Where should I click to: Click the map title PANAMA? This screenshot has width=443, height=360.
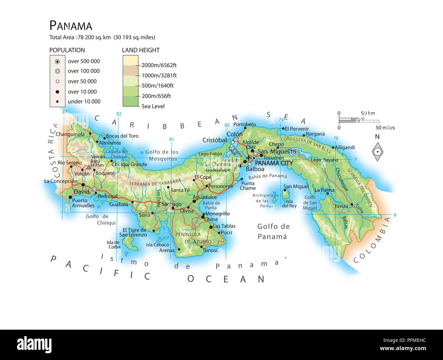[71, 26]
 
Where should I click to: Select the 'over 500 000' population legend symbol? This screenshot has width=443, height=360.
[58, 61]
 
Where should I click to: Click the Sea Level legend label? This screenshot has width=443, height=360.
[153, 106]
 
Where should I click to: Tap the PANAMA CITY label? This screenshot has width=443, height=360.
[274, 163]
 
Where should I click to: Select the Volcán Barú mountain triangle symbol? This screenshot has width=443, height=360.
[89, 167]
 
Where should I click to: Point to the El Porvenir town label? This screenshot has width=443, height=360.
[296, 129]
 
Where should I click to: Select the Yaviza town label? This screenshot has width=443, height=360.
[341, 206]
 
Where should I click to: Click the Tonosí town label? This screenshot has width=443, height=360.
[210, 250]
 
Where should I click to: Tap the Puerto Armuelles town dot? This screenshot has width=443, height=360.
[70, 197]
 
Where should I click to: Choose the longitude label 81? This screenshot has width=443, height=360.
[171, 139]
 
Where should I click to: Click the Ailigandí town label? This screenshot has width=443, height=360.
[345, 147]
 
